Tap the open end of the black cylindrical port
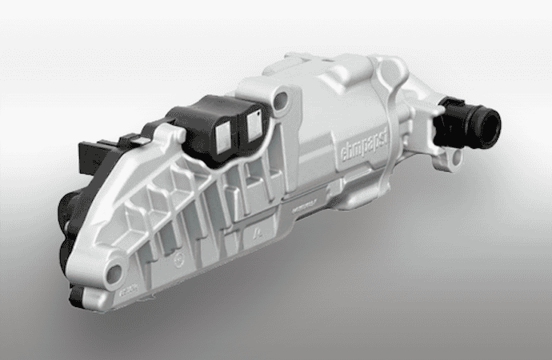(487, 122)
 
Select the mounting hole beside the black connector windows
(280, 101)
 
